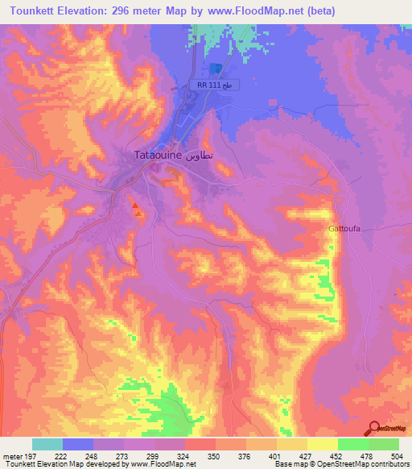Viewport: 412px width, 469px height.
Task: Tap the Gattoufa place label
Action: tap(344, 228)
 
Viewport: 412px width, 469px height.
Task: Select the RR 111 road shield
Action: tap(216, 85)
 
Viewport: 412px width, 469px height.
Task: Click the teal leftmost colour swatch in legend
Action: tap(47, 444)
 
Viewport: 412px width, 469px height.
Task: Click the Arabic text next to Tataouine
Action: tap(201, 155)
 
